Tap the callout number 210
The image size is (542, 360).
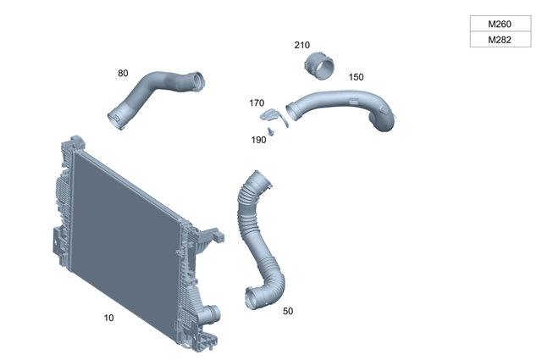tap(302, 45)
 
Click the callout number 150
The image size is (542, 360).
tap(356, 77)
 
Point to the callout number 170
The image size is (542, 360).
tap(257, 103)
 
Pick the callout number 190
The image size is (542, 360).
tap(258, 140)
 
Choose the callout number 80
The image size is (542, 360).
tap(123, 74)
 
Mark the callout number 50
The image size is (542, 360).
tap(288, 312)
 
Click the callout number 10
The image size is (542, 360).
tap(108, 318)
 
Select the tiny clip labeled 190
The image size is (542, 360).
tap(272, 131)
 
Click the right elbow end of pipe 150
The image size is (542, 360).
tap(386, 123)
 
